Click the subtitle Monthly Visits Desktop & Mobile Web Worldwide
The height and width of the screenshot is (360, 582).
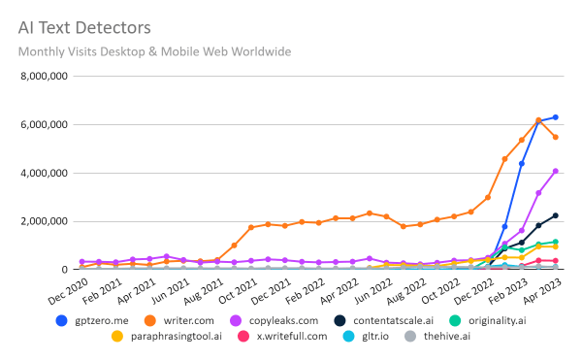tap(154, 51)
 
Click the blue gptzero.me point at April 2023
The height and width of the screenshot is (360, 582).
tap(555, 117)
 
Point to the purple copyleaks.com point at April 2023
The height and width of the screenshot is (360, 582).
tap(555, 171)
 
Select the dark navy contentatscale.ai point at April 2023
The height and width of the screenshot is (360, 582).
tap(555, 215)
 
